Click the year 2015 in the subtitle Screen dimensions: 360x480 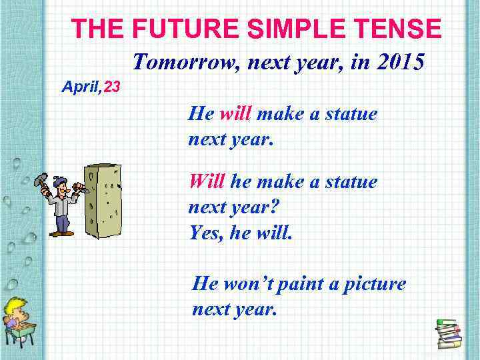click(398, 63)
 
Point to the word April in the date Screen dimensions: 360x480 click(79, 86)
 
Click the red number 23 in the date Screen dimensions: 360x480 click(112, 86)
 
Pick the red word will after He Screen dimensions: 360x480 click(235, 114)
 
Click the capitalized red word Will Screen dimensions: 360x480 click(207, 181)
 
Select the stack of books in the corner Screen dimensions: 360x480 click(448, 333)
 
